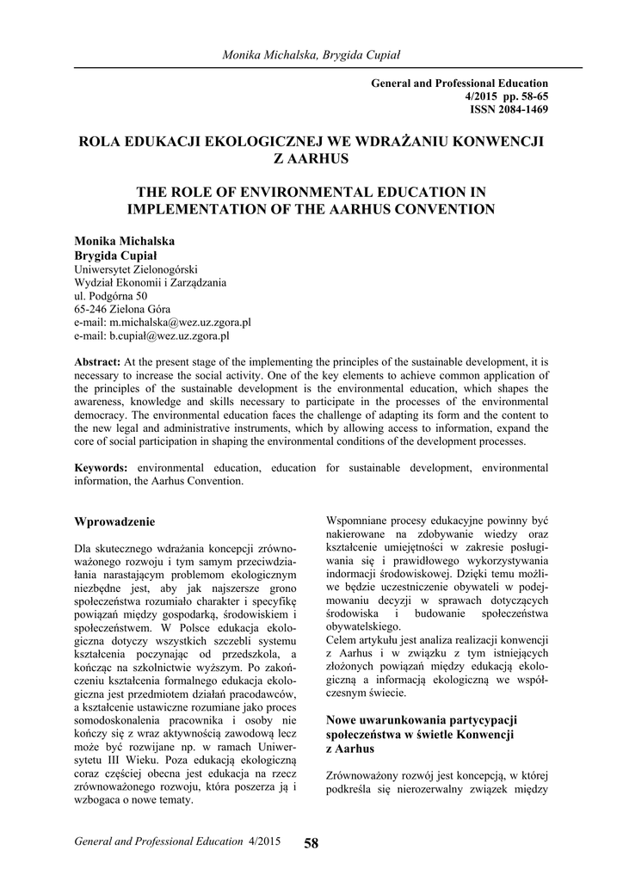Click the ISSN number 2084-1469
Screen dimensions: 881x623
521,109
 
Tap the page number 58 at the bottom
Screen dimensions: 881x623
311,843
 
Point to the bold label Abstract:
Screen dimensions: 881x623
97,363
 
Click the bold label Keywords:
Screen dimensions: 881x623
102,467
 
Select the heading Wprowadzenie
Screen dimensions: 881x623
114,521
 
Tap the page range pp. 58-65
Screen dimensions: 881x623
519,96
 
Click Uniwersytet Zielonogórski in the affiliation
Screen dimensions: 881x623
136,268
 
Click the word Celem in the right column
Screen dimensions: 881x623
342,642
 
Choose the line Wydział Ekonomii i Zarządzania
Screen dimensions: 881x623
151,281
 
